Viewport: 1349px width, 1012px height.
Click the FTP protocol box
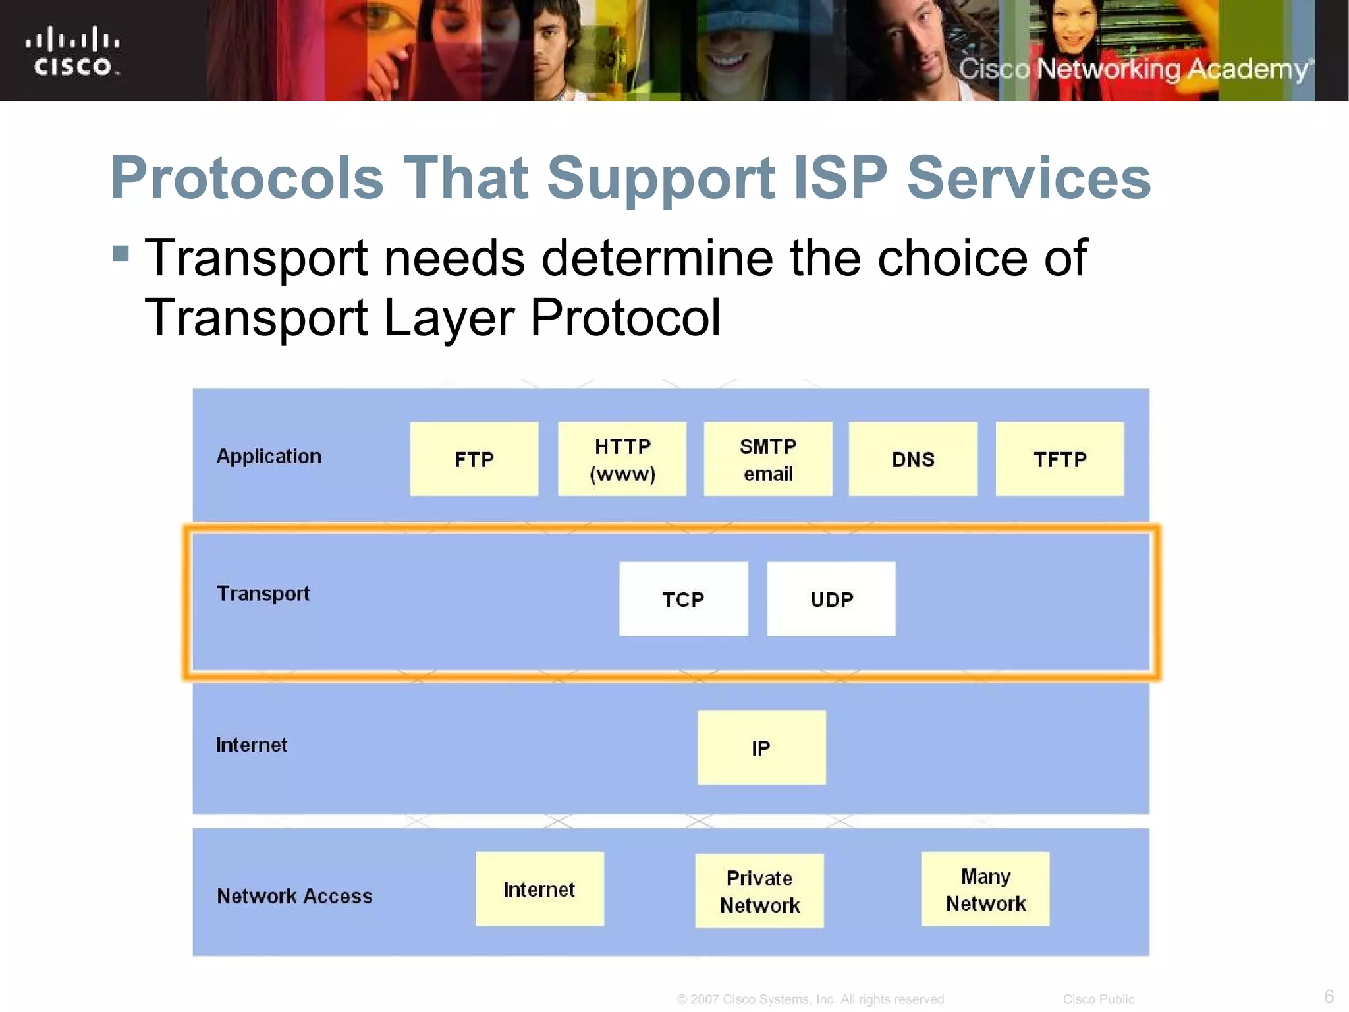474,459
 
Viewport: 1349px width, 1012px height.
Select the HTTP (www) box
622,459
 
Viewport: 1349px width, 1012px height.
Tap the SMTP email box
767,459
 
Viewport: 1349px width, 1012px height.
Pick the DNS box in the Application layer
912,459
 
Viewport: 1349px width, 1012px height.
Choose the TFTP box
1059,459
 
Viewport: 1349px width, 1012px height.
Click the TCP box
683,599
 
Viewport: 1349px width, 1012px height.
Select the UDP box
831,599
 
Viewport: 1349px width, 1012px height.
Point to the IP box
761,747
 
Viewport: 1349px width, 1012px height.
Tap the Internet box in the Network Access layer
539,889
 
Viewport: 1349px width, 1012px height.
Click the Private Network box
759,891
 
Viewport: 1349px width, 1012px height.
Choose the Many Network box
985,889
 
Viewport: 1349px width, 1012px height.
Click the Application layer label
269,456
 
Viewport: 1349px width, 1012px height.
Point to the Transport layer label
263,594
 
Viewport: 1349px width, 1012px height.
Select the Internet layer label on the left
252,745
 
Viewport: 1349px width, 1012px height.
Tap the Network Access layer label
294,896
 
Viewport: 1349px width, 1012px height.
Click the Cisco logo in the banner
73,51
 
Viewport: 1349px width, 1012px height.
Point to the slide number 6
1329,996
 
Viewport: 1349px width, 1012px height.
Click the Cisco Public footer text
1098,999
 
